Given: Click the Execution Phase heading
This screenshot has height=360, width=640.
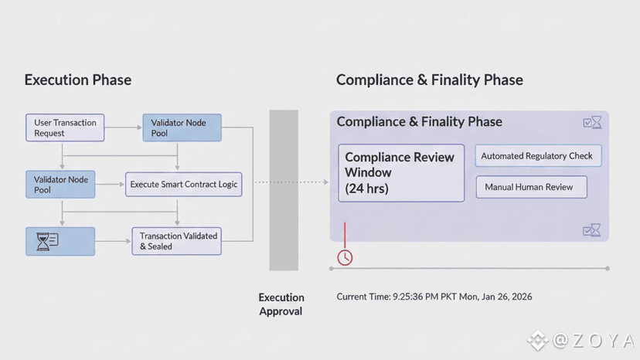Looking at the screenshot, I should [77, 80].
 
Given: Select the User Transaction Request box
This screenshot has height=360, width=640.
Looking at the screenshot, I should [65, 127].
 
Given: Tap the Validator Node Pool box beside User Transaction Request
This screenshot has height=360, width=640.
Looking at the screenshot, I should [182, 127].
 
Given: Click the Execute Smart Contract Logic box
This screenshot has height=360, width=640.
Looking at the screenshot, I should [184, 185].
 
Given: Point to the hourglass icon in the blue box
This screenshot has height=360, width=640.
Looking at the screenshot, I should [43, 242].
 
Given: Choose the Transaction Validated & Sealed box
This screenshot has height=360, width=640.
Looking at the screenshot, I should [177, 241].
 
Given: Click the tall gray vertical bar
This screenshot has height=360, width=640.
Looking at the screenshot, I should [283, 189].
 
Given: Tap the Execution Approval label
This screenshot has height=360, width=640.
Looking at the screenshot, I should [281, 304].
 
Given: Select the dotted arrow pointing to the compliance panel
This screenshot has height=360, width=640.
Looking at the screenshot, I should [291, 182].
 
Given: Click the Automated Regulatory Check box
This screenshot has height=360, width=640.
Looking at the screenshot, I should [537, 156].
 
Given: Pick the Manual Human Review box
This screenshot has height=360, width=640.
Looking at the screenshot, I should [530, 187].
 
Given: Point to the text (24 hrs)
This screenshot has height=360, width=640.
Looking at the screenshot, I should [366, 188].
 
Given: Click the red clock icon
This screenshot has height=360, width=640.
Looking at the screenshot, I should [345, 257].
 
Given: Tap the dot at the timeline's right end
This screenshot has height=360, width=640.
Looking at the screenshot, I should [608, 269].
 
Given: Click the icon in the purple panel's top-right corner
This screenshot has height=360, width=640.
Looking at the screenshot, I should [591, 122].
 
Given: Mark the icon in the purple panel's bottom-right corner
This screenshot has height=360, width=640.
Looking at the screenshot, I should [591, 229].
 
